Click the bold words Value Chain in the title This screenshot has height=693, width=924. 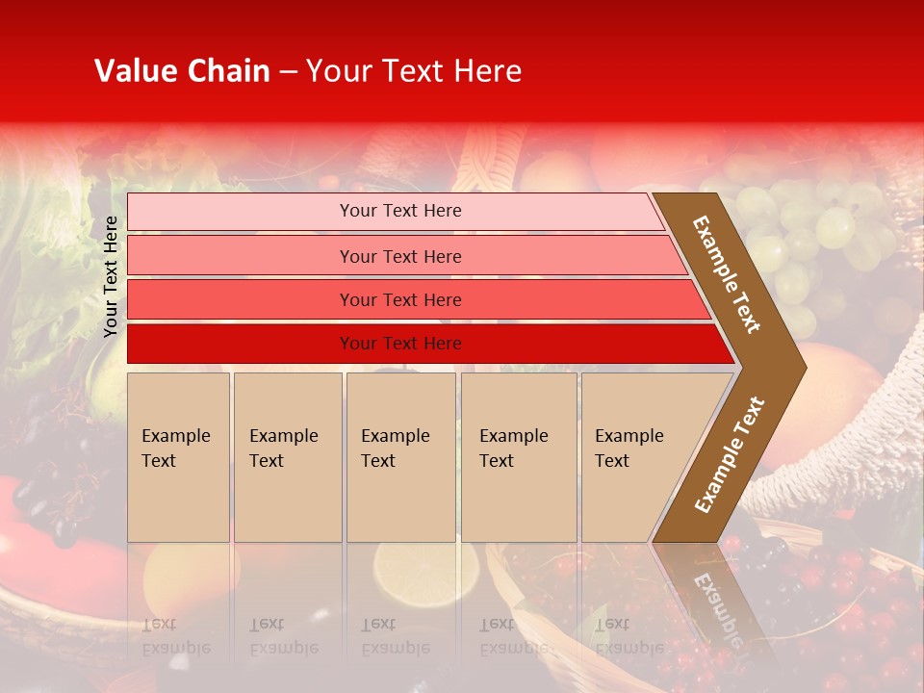pyautogui.click(x=182, y=71)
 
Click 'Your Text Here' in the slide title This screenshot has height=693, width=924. pyautogui.click(x=414, y=71)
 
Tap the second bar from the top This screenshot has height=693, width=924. pyautogui.click(x=399, y=256)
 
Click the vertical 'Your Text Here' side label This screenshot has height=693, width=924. pyautogui.click(x=111, y=276)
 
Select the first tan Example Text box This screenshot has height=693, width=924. pyautogui.click(x=178, y=456)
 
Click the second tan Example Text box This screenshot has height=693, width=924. pyautogui.click(x=287, y=456)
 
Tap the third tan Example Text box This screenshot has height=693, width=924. pyautogui.click(x=400, y=456)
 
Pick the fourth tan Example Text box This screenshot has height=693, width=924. pyautogui.click(x=518, y=456)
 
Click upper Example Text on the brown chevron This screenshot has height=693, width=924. pyautogui.click(x=727, y=274)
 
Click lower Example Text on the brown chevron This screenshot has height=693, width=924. pyautogui.click(x=730, y=455)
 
